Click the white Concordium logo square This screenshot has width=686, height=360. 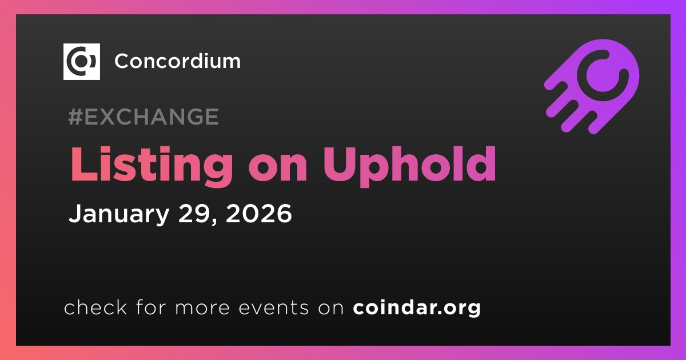point(81,62)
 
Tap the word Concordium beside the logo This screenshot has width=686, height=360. point(178,61)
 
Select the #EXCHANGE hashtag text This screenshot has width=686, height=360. point(143,117)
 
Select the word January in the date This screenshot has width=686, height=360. point(119,214)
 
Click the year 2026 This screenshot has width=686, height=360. point(259,213)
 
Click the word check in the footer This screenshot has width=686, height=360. point(95,307)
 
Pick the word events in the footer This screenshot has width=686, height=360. point(273,307)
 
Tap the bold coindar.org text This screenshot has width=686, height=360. point(417,308)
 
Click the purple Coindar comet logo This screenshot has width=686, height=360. point(592,86)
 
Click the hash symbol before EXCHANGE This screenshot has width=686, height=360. point(75,117)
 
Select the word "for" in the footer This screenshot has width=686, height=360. point(151,307)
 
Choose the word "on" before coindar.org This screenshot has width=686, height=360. point(331,309)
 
